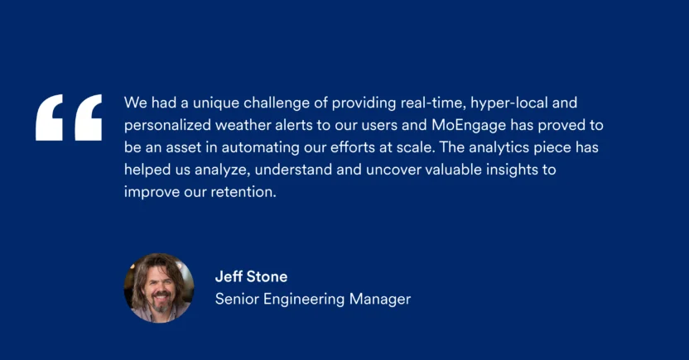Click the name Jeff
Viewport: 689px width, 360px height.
(x=229, y=277)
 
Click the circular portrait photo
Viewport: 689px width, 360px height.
(x=159, y=287)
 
